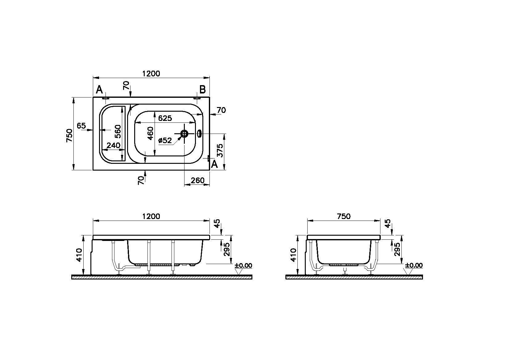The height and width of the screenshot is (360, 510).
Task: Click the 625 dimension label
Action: tap(165, 118)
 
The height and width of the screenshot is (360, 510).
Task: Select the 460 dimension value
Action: tap(151, 134)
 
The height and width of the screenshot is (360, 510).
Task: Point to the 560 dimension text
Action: tap(118, 131)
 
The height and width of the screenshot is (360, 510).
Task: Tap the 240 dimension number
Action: tap(113, 145)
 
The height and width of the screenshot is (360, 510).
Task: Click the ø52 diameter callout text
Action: tap(165, 140)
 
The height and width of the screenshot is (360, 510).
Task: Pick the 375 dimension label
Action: tap(220, 150)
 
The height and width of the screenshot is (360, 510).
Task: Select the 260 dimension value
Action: tap(198, 180)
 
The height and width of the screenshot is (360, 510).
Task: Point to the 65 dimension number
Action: tap(81, 126)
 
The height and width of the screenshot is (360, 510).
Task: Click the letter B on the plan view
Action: tap(202, 89)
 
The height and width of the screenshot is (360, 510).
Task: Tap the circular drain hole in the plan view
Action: tap(184, 134)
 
